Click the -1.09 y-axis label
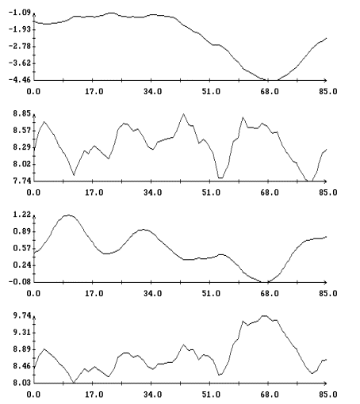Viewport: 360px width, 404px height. (20, 13)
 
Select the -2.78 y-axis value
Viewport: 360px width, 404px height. (20, 47)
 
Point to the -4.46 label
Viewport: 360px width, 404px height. (20, 79)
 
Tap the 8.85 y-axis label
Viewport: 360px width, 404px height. (22, 113)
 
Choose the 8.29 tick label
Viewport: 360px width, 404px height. (22, 147)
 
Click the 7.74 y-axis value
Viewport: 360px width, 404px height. (22, 181)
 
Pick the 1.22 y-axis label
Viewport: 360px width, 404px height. (22, 215)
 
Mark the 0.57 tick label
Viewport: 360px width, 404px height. (22, 248)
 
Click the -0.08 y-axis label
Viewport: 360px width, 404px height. (20, 282)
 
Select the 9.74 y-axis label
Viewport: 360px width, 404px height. (22, 315)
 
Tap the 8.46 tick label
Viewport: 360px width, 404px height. (22, 366)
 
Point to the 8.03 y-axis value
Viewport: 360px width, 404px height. (22, 383)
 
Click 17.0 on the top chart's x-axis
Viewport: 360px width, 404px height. (94, 92)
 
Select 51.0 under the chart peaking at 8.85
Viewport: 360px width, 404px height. (211, 192)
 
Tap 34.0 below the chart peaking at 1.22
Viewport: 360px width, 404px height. (152, 293)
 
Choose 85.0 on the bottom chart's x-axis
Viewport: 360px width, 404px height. (328, 394)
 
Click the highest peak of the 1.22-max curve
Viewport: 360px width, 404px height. (68, 215)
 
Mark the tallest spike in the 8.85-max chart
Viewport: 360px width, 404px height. (183, 114)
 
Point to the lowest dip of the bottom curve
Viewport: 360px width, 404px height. (74, 383)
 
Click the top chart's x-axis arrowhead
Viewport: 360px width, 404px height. (325, 80)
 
